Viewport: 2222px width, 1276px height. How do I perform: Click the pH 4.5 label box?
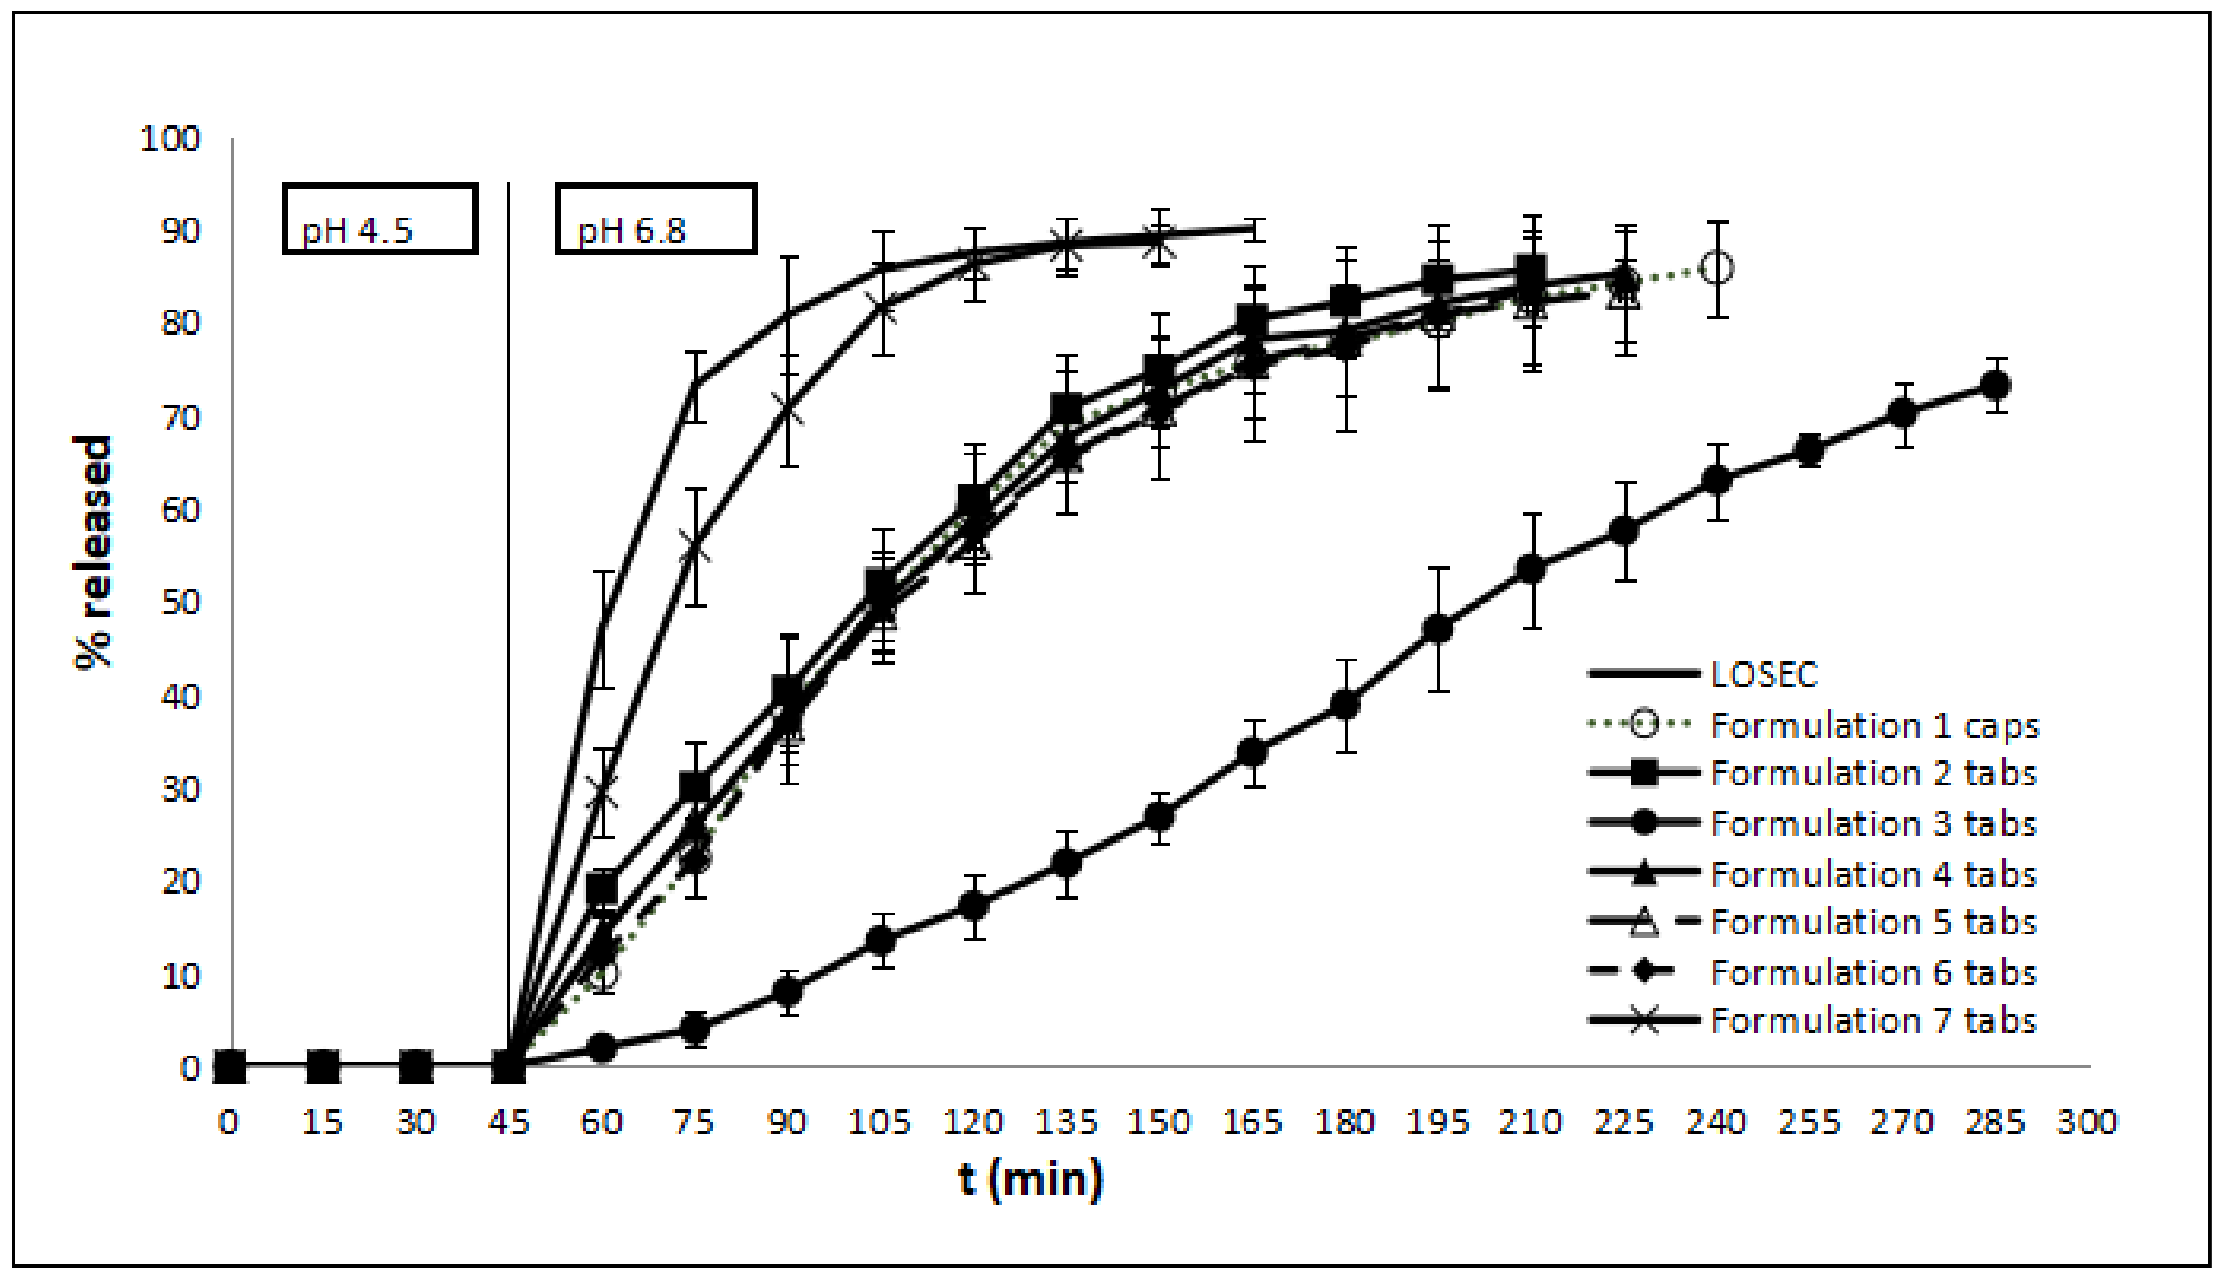[380, 219]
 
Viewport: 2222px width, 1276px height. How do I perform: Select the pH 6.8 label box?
[656, 219]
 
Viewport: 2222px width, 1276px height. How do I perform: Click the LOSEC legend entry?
[1764, 674]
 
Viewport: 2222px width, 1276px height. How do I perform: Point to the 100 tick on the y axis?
[170, 138]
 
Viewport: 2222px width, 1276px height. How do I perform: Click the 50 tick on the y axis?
[180, 602]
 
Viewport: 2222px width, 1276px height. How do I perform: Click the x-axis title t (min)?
[1031, 1179]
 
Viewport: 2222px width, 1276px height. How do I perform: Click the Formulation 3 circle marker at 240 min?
[1716, 480]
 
